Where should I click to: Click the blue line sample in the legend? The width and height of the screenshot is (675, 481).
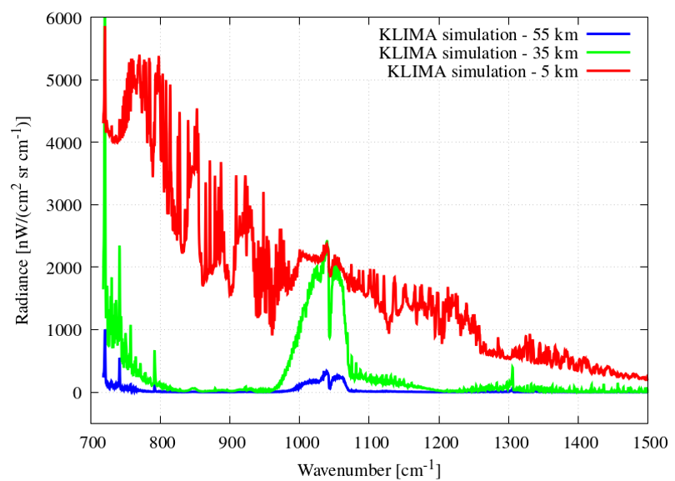[x=609, y=35]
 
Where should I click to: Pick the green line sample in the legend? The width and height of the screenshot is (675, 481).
[x=609, y=53]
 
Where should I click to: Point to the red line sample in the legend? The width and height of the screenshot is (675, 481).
[x=609, y=72]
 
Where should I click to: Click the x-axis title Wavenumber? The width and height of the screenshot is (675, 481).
[x=367, y=468]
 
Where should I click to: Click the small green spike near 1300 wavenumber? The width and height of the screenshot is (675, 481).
[x=512, y=368]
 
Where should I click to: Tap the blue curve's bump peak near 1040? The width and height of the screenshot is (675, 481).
[x=326, y=371]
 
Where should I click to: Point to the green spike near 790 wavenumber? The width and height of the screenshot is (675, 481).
[x=154, y=353]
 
